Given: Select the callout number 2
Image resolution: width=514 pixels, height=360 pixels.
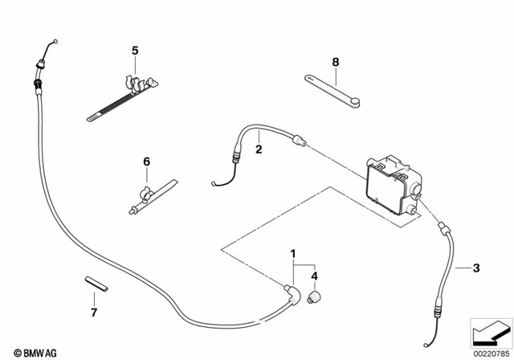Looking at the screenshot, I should [x=259, y=149].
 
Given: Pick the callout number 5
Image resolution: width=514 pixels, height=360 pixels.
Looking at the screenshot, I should [x=135, y=51].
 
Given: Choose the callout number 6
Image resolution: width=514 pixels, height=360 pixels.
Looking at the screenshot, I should [x=146, y=162].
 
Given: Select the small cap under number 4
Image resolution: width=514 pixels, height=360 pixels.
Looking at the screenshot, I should [x=314, y=299].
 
